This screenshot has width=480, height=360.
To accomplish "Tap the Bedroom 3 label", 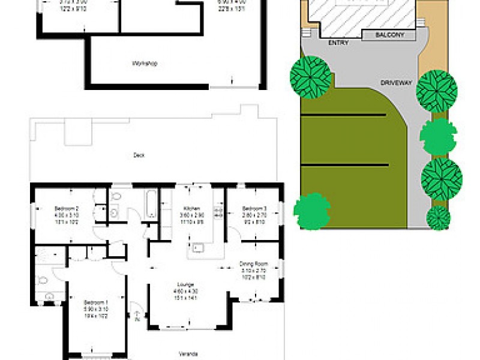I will pyautogui.click(x=254, y=208).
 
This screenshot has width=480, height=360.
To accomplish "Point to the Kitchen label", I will pyautogui.click(x=193, y=208).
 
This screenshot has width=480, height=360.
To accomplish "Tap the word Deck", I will pyautogui.click(x=139, y=155).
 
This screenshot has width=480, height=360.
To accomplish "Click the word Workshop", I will pyautogui.click(x=143, y=64).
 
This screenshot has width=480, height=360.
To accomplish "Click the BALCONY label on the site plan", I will pyautogui.click(x=389, y=35).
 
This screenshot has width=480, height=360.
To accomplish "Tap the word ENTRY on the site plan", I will pyautogui.click(x=339, y=43).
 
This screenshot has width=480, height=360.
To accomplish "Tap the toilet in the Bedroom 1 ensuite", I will pyautogui.click(x=41, y=280).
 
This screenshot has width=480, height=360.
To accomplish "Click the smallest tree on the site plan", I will pyautogui.click(x=438, y=217).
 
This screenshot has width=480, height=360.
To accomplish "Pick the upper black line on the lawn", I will pyautogui.click(x=343, y=115).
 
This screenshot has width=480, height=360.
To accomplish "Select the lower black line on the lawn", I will pyautogui.click(x=344, y=164).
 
